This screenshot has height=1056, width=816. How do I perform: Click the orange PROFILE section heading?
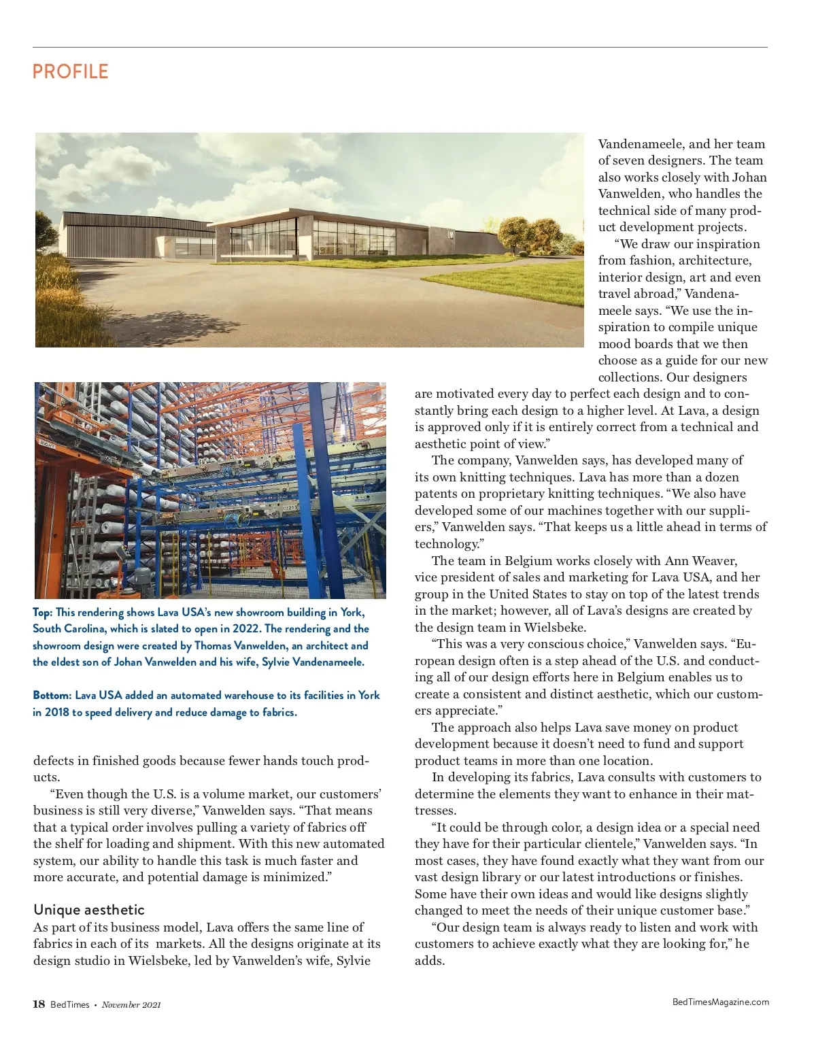tap(70, 71)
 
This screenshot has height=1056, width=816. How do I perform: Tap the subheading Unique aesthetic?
tap(89, 910)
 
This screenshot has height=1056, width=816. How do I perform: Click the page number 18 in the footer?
tap(39, 1004)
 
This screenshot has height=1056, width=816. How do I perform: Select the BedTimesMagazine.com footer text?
tap(720, 1002)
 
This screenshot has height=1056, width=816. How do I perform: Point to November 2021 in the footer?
tap(131, 1005)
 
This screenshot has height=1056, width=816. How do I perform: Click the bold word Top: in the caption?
tap(43, 612)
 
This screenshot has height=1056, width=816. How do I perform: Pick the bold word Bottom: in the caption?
tap(52, 695)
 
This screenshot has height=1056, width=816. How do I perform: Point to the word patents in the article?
tap(435, 494)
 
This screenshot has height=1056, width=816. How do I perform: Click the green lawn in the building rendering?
tap(503, 279)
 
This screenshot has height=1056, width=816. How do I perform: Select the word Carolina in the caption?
tap(85, 628)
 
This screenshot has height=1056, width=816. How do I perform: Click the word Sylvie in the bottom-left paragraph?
tap(354, 960)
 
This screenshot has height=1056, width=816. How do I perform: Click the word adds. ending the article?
tap(430, 961)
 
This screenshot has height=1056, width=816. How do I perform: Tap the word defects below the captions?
tap(54, 761)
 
